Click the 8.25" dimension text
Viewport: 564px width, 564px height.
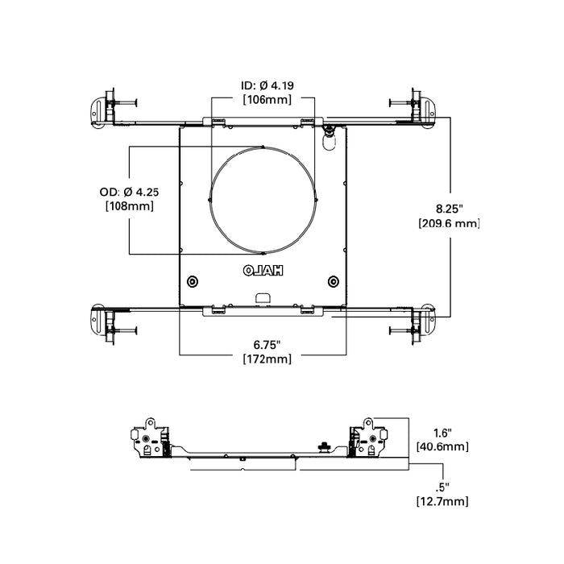[x=448, y=208]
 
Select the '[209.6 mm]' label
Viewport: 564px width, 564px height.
[x=448, y=223]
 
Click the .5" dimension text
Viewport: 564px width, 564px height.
[x=442, y=487]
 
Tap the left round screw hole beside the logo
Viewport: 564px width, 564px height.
[x=193, y=281]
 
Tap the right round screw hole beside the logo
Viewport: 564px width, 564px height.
[x=333, y=281]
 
